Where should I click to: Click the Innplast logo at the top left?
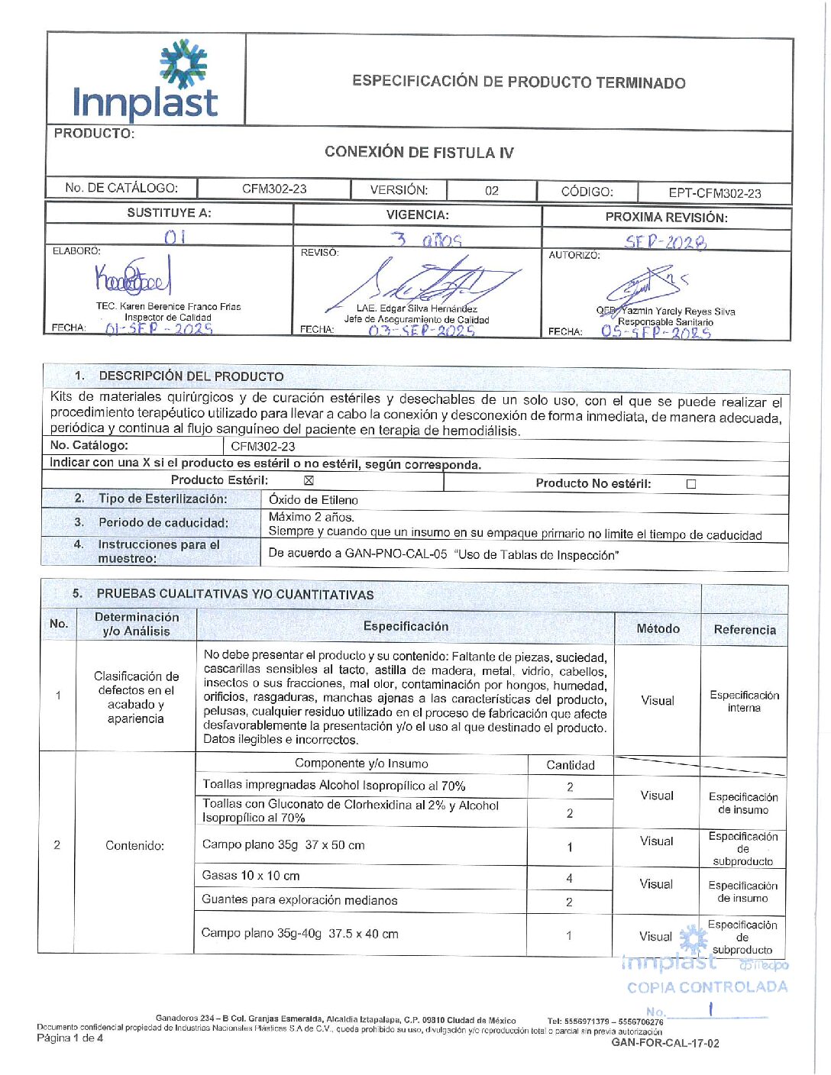[145, 82]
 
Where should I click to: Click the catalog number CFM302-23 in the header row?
[274, 189]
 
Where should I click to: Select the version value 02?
[492, 191]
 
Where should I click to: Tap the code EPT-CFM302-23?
[714, 193]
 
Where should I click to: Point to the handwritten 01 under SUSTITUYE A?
[175, 237]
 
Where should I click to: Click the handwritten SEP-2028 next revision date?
[665, 242]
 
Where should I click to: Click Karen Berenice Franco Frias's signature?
[133, 279]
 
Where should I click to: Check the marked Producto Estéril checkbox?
[309, 481]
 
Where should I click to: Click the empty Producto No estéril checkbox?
[691, 484]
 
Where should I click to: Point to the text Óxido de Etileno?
[313, 500]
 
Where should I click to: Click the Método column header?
[658, 628]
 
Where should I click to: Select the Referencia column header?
[745, 630]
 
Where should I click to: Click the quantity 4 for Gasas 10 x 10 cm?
[569, 878]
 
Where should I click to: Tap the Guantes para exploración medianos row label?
[299, 900]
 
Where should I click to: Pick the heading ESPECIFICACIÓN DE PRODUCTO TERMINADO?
[519, 82]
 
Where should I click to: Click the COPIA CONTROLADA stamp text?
[707, 987]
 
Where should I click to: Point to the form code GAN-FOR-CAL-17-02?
[664, 1043]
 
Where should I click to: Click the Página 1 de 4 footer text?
[70, 1038]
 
